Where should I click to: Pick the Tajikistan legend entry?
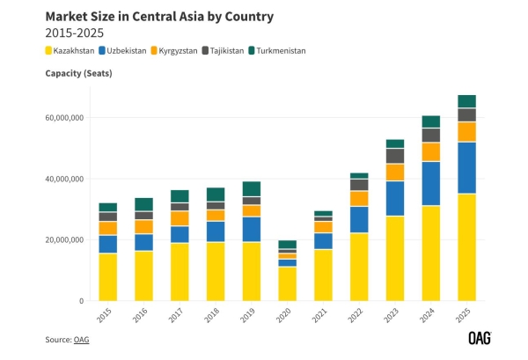[228, 51]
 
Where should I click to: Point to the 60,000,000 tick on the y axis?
[62, 117]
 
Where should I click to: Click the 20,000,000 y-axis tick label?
[62, 239]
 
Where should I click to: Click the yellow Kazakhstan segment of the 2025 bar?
[467, 247]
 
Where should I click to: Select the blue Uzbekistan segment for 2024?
[431, 183]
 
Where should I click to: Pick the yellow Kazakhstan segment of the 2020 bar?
[288, 283]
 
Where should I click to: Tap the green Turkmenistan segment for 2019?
[252, 188]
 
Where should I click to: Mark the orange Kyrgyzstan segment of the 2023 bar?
[395, 172]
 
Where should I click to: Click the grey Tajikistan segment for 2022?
[359, 185]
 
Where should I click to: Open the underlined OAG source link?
[82, 340]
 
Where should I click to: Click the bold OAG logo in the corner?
[479, 338]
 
